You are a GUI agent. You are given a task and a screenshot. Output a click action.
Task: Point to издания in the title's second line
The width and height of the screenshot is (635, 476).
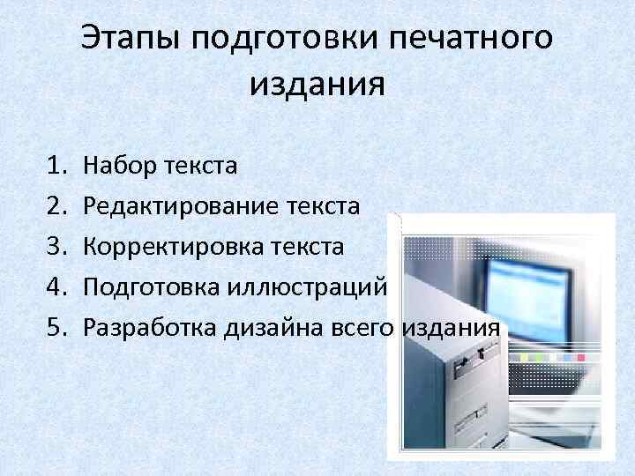(317, 85)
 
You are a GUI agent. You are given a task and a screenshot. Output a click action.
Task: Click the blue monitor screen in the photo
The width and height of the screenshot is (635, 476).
(529, 295)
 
